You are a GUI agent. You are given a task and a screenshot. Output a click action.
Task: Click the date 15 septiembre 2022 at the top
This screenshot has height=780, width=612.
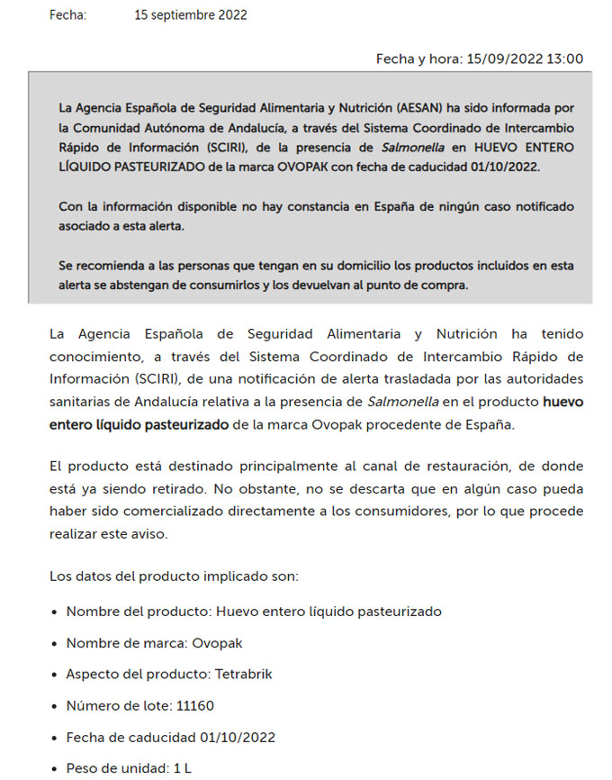coord(190,14)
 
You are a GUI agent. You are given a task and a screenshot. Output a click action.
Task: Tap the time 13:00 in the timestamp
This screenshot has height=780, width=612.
coord(564,59)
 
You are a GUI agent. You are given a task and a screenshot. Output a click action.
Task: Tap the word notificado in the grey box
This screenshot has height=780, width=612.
coord(541,206)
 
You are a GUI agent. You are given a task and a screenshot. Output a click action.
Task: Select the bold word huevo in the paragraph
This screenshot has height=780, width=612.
coord(562,402)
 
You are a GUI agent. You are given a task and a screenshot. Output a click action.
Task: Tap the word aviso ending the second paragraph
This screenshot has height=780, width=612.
coord(148,534)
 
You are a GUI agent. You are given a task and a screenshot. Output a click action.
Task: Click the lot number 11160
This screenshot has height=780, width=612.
coord(195,705)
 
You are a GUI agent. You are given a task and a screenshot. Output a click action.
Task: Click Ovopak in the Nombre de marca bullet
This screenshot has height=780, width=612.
coord(221,643)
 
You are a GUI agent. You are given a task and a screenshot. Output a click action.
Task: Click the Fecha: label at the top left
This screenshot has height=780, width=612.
coord(67,14)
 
